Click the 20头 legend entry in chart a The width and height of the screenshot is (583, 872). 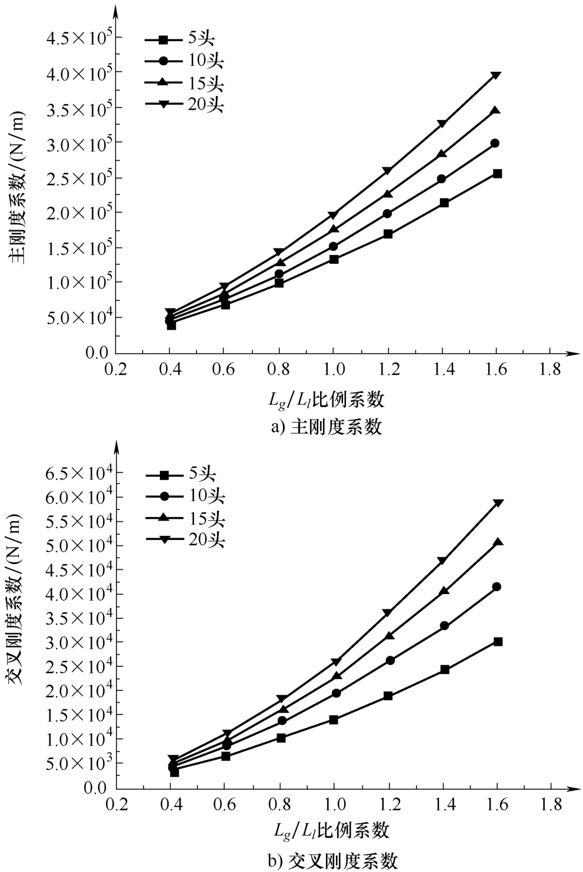click(x=185, y=105)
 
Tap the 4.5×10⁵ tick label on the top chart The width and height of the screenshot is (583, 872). click(x=81, y=38)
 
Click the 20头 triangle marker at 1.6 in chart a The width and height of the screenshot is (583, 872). click(x=495, y=75)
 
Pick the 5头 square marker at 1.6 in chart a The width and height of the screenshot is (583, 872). click(x=497, y=173)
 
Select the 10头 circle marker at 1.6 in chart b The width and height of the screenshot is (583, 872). click(x=497, y=586)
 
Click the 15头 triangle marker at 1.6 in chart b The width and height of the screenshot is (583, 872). click(x=497, y=542)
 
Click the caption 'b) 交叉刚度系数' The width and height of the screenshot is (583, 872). click(x=333, y=861)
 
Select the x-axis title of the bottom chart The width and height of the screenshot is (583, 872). click(x=332, y=830)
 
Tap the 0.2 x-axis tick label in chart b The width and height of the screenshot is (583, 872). click(x=117, y=804)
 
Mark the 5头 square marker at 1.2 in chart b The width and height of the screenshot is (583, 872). click(x=388, y=696)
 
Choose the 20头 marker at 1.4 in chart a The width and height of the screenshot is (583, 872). click(x=441, y=123)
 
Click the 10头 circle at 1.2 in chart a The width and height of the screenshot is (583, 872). click(x=387, y=213)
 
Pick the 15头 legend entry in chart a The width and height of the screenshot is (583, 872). click(x=185, y=83)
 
